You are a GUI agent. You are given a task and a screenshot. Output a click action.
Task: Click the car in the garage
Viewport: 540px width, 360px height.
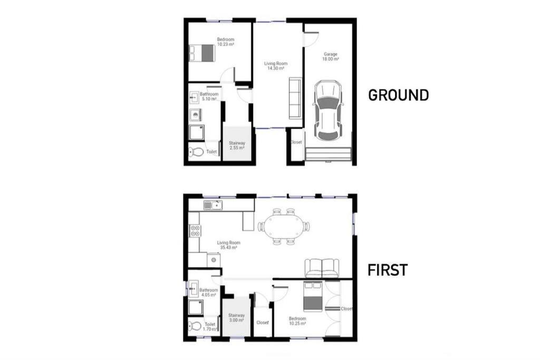pyautogui.click(x=327, y=111)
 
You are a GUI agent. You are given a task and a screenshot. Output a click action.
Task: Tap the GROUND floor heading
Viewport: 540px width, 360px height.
pyautogui.click(x=399, y=95)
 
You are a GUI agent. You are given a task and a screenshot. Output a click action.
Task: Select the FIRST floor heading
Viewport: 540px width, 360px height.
pyautogui.click(x=388, y=270)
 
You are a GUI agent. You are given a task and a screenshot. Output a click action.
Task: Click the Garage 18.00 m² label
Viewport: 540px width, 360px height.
pyautogui.click(x=330, y=56)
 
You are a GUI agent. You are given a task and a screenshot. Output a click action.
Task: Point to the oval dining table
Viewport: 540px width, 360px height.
pyautogui.click(x=284, y=227)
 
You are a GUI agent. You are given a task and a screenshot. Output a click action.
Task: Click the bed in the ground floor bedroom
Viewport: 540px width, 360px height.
pyautogui.click(x=202, y=53)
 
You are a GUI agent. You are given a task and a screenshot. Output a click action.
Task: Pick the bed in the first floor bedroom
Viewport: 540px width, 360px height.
pyautogui.click(x=313, y=296)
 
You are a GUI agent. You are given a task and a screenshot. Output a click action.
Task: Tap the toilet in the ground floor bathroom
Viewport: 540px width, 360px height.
pyautogui.click(x=196, y=151)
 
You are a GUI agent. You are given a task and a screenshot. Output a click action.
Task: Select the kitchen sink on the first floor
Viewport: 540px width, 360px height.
pyautogui.click(x=213, y=206)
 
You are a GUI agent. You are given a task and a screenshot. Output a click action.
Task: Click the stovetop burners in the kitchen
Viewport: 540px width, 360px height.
pyautogui.click(x=195, y=230)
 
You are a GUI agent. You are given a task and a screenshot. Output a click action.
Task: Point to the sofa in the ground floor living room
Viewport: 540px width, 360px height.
pyautogui.click(x=295, y=99)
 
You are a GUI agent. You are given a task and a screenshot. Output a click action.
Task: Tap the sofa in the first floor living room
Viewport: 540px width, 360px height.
pyautogui.click(x=322, y=268)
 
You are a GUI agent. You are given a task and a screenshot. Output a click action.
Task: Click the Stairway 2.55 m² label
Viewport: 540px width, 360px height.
pyautogui.click(x=237, y=145)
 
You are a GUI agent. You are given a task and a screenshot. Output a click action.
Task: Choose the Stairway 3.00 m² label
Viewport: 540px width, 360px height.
pyautogui.click(x=236, y=318)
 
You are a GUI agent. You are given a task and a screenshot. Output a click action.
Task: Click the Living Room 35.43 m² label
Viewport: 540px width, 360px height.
pyautogui.click(x=228, y=245)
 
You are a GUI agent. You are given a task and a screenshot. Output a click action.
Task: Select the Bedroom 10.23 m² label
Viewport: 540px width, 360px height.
pyautogui.click(x=226, y=42)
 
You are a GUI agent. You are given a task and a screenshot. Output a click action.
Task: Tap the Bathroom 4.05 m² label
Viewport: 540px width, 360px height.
pyautogui.click(x=209, y=293)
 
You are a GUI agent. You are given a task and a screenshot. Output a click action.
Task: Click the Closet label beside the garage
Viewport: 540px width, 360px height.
pyautogui.click(x=296, y=142)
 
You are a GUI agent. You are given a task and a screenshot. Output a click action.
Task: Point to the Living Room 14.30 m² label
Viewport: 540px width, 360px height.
pyautogui.click(x=276, y=66)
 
